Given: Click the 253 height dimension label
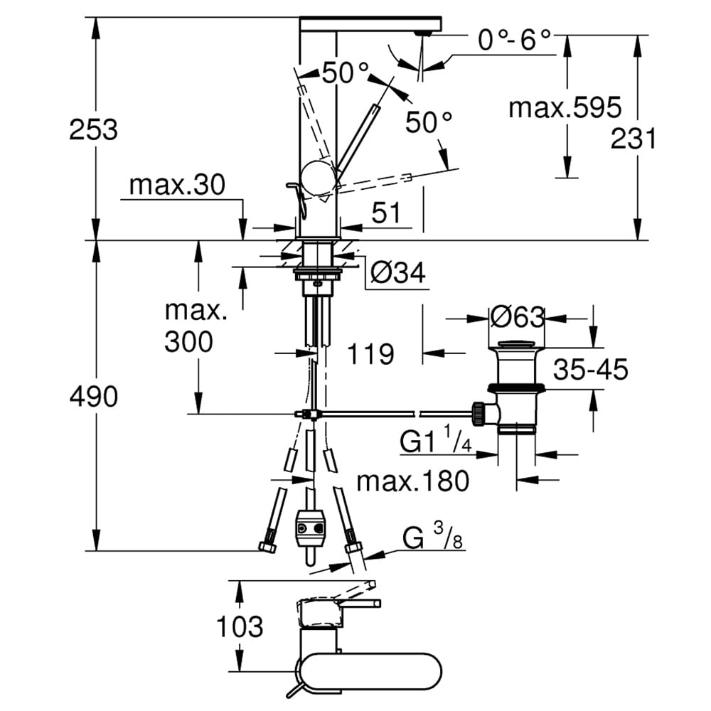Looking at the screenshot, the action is click(x=93, y=129).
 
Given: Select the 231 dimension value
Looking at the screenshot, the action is click(x=634, y=139).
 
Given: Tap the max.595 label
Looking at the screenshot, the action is click(x=565, y=108).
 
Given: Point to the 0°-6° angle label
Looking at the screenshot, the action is click(x=514, y=40).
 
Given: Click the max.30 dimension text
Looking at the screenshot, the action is click(x=177, y=185).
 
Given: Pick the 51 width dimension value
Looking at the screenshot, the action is click(x=386, y=213).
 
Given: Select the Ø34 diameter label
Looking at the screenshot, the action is click(x=398, y=273).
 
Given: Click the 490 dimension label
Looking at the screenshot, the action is click(x=93, y=396).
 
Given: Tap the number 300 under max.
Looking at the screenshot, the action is click(x=188, y=341).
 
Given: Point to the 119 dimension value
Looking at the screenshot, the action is click(x=370, y=353).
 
